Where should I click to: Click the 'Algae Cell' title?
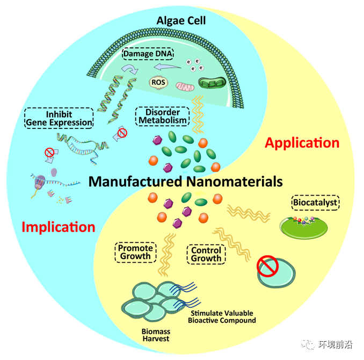[x=181, y=21]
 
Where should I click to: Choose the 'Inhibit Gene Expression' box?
[x=59, y=118]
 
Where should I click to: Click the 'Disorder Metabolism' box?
[x=162, y=115]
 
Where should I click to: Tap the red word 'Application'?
[x=302, y=143]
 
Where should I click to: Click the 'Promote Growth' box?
[x=135, y=252]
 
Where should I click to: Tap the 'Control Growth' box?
[x=206, y=254]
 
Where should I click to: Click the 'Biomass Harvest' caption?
[x=155, y=335]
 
